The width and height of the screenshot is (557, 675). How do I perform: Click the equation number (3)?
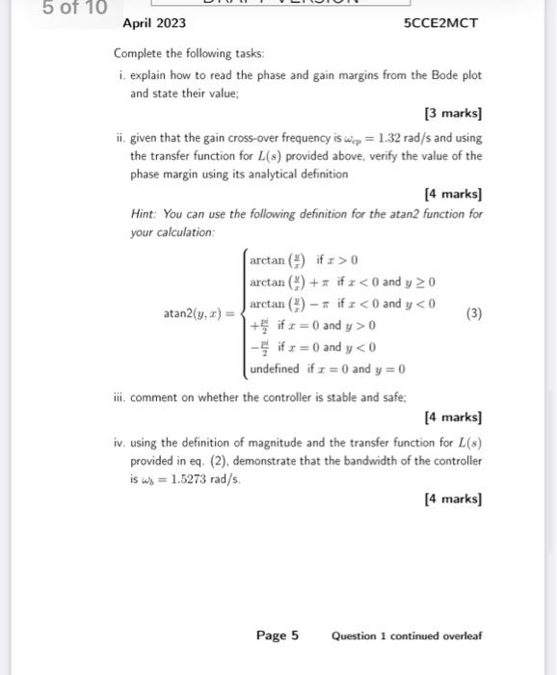click(473, 313)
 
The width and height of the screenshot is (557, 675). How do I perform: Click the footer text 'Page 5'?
click(278, 635)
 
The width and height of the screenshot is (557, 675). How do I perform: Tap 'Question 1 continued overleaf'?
click(407, 636)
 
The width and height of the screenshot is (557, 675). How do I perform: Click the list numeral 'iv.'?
click(119, 443)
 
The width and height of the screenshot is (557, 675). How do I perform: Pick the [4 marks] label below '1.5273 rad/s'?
click(453, 499)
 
